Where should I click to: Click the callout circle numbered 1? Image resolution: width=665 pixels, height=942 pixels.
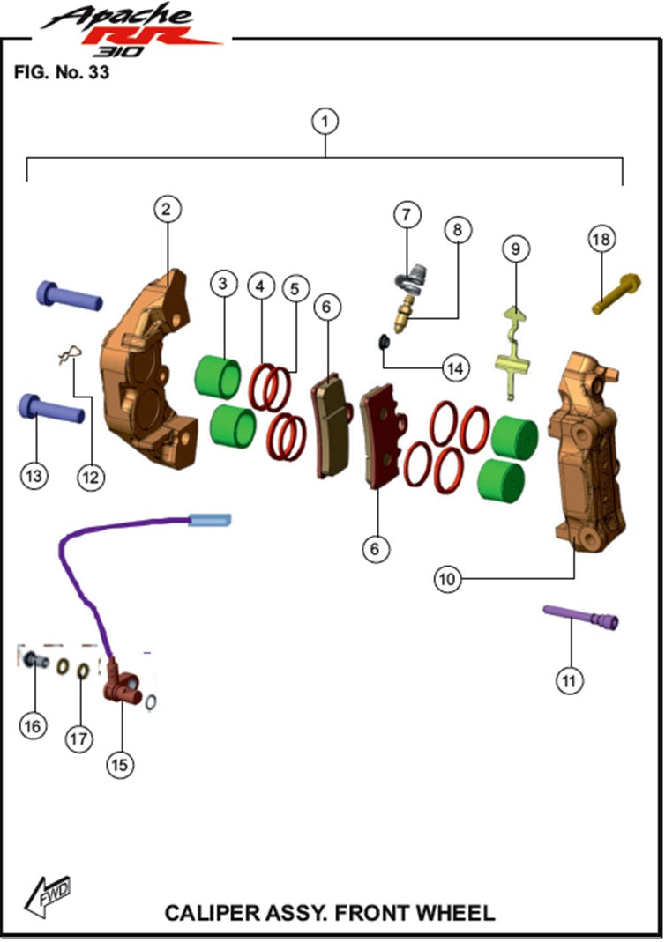(326, 122)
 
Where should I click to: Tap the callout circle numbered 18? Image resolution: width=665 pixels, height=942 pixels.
(603, 238)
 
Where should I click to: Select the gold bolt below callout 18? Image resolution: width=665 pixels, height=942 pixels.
(616, 294)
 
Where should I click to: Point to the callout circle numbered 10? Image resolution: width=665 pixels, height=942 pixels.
(447, 578)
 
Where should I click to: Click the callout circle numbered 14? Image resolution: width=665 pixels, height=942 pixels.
(455, 368)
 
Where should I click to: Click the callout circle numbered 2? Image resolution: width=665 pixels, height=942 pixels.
(167, 209)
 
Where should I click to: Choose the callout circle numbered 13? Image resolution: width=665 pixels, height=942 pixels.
(34, 475)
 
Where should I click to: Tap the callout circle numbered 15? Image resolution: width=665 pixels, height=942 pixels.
(120, 764)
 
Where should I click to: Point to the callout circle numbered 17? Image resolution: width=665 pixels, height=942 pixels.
(79, 738)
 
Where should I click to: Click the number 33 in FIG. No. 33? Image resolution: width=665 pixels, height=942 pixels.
(98, 73)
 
